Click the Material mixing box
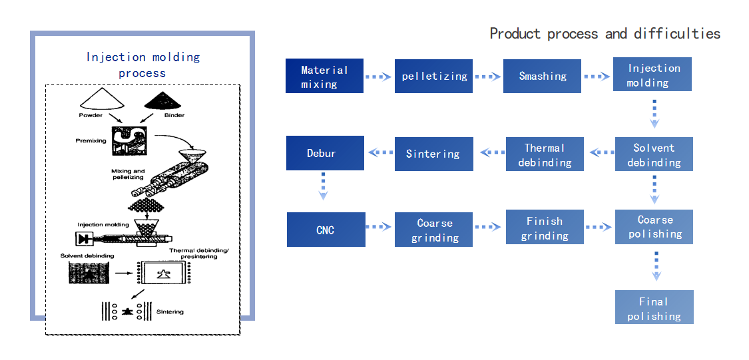324,75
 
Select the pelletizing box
433,76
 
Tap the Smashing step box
542,76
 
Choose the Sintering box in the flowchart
433,154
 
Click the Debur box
326,153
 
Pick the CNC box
326,230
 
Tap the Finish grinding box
545,228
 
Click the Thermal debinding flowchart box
545,154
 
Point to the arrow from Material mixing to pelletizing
379,76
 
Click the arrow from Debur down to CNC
324,186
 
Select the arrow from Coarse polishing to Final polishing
656,266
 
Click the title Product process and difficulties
605,33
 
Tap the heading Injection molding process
143,65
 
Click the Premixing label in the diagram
91,141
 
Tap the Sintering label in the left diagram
170,312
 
